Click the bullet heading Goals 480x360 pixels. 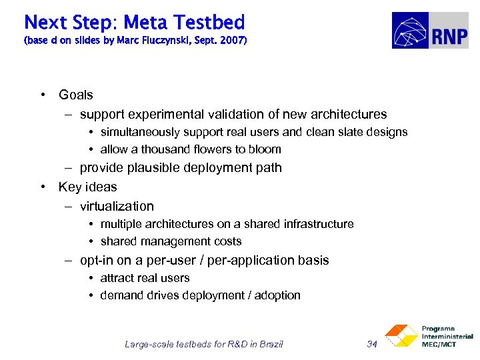(76, 95)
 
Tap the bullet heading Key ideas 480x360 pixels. (87, 187)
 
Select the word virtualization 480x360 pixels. (117, 206)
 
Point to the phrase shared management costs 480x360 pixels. (171, 241)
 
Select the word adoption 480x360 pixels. (277, 295)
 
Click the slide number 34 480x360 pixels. (372, 344)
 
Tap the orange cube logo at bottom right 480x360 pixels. (401, 336)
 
